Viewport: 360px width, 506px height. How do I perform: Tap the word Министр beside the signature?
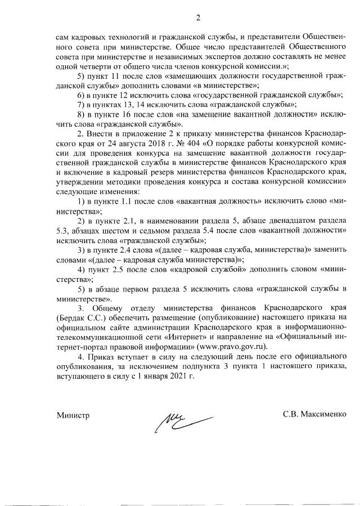(x=73, y=415)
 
